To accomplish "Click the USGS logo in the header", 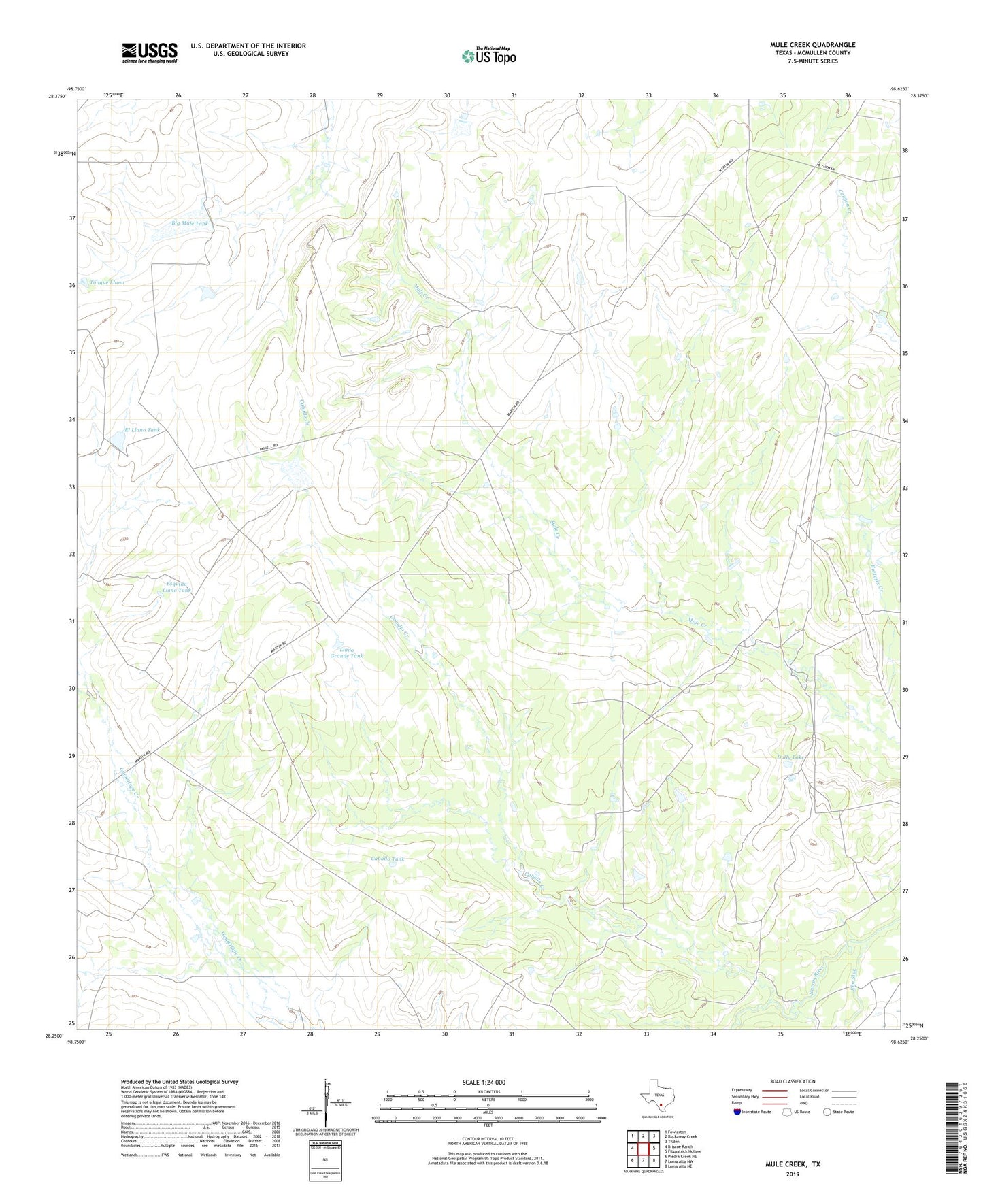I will (x=150, y=52).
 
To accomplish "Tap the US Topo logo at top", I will (x=488, y=56).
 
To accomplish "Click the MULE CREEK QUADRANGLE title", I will (x=803, y=45).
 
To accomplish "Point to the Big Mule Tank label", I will (x=189, y=223).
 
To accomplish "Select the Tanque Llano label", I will (x=107, y=282).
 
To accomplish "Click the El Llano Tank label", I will (x=141, y=430).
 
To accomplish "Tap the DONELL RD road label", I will (x=269, y=447).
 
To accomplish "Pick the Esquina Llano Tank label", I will (x=176, y=587).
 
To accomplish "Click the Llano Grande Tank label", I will (x=346, y=653).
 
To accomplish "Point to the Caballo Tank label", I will (x=387, y=859).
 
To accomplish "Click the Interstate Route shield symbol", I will (x=737, y=1112).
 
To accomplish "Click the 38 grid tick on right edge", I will (x=905, y=150).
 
